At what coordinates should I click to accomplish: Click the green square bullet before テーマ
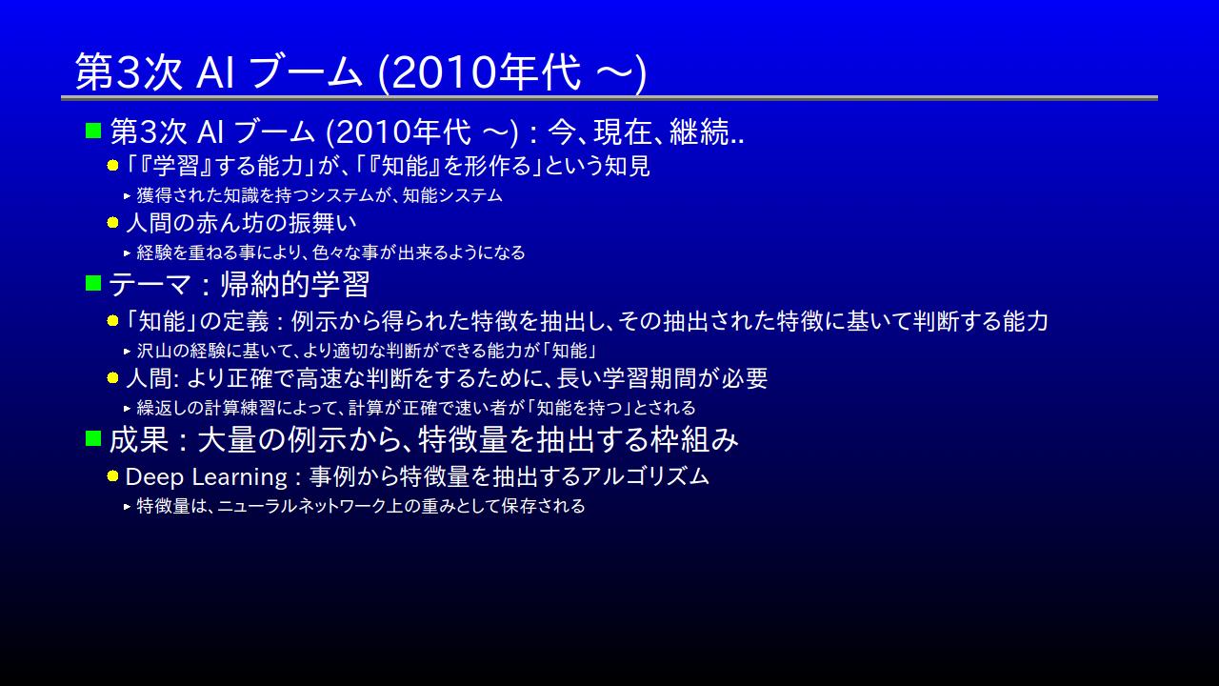[x=93, y=283]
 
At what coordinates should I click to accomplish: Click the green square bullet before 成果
[x=93, y=438]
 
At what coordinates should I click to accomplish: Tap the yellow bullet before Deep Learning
[x=112, y=476]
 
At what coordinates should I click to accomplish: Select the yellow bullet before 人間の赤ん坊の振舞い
[x=112, y=223]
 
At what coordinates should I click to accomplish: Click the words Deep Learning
[x=207, y=477]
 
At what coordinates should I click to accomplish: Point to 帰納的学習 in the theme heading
[x=295, y=284]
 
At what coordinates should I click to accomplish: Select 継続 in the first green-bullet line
[x=699, y=131]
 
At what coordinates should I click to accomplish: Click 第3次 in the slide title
[x=129, y=71]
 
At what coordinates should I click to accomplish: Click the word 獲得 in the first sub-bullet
[x=154, y=195]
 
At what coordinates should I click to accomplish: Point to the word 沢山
[x=154, y=351]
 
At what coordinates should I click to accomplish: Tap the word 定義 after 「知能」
[x=246, y=321]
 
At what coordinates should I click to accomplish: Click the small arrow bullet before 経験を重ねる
[x=128, y=252]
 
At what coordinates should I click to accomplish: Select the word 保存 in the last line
[x=519, y=506]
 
